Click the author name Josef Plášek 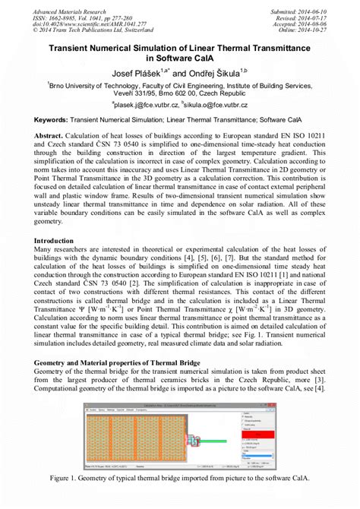coord(139,72)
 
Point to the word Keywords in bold coord(56,122)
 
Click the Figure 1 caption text coord(179,479)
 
